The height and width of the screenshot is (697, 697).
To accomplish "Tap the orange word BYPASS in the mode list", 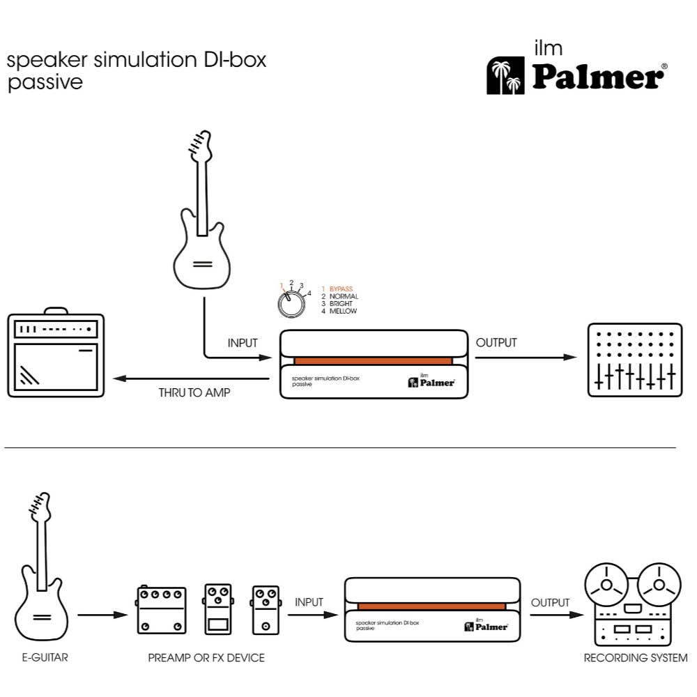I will [342, 288].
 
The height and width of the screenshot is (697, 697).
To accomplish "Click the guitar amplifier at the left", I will [56, 355].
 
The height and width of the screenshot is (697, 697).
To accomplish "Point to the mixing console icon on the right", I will [634, 360].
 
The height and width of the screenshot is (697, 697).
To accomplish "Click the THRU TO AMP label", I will [194, 393].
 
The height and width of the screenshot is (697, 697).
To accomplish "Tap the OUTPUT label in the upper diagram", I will [496, 343].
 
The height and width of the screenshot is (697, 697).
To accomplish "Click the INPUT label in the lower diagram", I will [309, 602].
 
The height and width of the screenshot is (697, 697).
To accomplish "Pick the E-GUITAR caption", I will [45, 657].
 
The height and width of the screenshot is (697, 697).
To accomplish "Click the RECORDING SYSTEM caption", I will [635, 657].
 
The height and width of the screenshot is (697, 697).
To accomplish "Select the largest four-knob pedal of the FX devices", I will [160, 610].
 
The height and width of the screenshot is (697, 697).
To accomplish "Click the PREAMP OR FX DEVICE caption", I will [206, 657].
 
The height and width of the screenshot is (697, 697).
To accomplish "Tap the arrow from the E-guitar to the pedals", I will [102, 615].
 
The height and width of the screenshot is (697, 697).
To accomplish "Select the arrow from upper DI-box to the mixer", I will [526, 358].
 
